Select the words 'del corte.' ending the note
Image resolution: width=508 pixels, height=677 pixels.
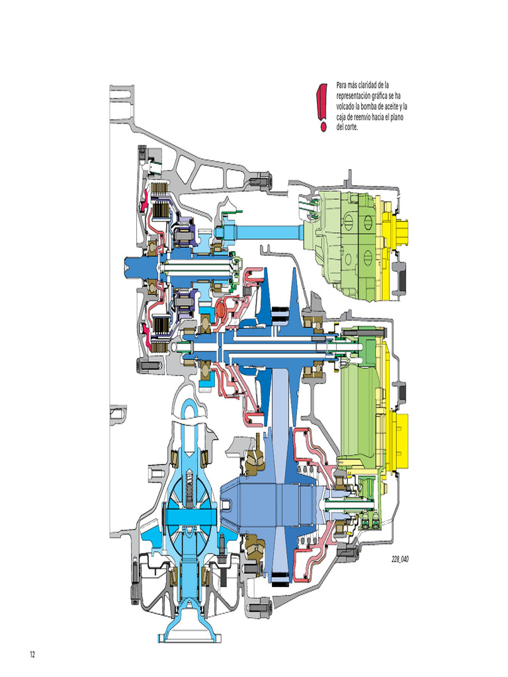pyautogui.click(x=347, y=128)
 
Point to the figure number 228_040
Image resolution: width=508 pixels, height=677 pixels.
pyautogui.click(x=400, y=559)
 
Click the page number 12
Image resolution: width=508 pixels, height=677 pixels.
pyautogui.click(x=31, y=655)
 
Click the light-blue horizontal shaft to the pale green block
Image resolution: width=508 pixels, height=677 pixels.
pyautogui.click(x=265, y=232)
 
